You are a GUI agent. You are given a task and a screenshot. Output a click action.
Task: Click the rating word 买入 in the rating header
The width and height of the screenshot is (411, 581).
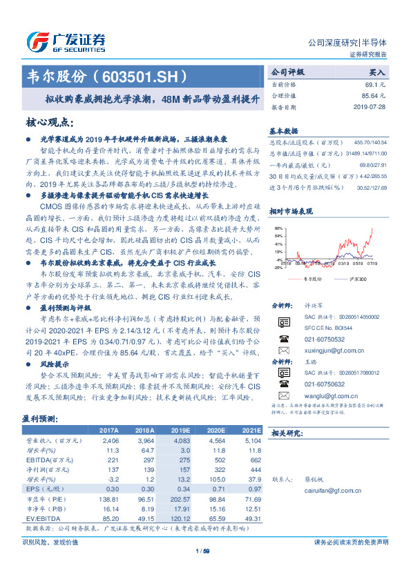pyautogui.click(x=377, y=71)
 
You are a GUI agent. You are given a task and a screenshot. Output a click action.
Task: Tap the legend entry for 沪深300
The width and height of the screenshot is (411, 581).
pyautogui.click(x=357, y=277)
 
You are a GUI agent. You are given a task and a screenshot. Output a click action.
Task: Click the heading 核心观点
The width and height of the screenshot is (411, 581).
pyautogui.click(x=49, y=122)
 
